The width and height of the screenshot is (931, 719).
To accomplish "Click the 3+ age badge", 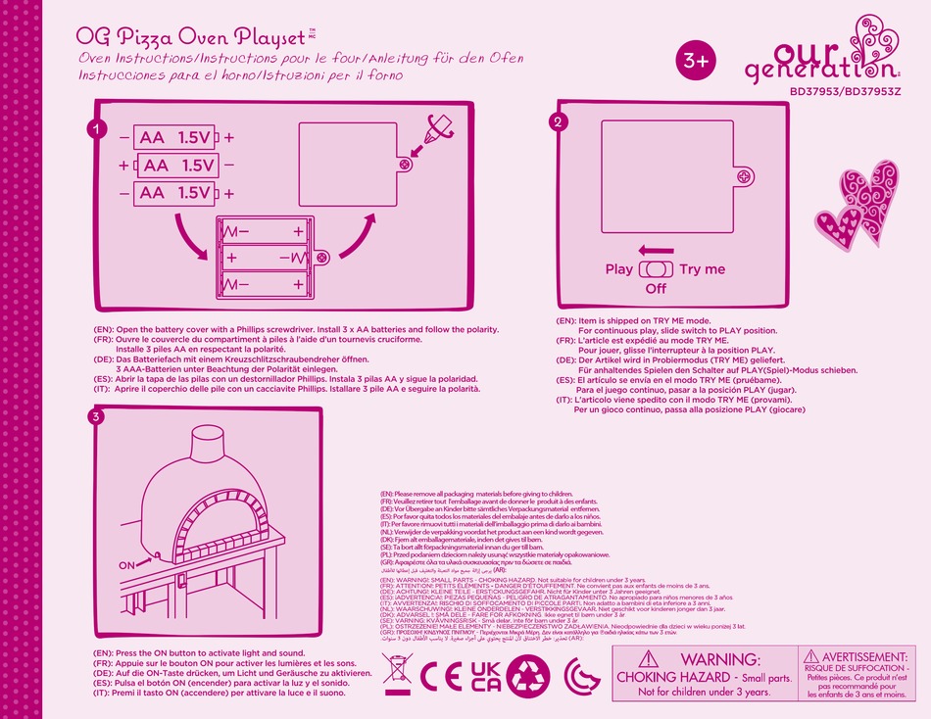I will (697, 60).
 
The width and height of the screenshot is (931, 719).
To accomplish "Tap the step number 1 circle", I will (95, 128).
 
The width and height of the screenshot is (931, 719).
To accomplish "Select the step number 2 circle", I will (558, 122).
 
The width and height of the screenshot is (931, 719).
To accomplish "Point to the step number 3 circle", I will (95, 416).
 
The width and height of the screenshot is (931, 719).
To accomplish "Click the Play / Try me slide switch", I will (656, 269).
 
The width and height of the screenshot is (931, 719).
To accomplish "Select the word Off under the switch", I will (656, 289).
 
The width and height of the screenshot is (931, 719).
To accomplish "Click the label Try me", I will (702, 269).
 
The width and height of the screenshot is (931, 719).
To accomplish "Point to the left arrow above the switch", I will (655, 251).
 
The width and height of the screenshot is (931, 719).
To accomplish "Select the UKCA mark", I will (486, 675).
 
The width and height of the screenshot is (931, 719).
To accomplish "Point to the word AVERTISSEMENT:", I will (866, 655).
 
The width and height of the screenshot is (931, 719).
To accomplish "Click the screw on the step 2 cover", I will (744, 176).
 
